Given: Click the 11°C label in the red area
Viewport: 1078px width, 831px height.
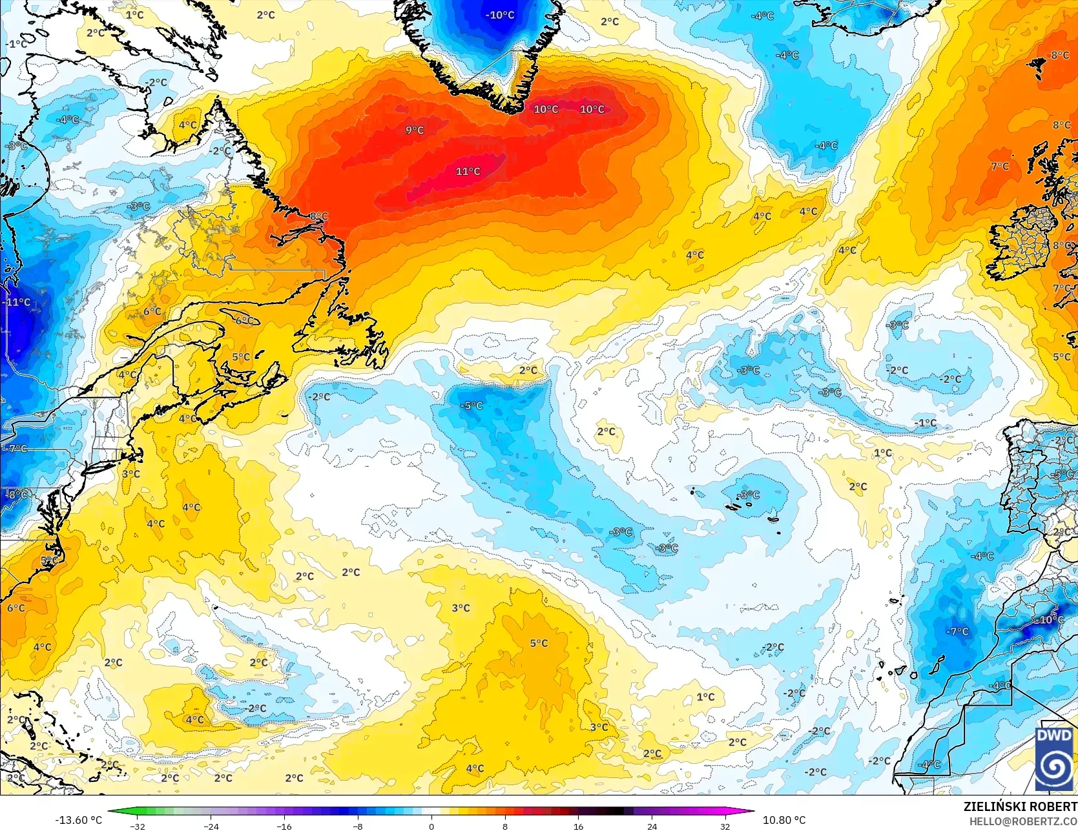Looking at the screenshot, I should (x=468, y=171).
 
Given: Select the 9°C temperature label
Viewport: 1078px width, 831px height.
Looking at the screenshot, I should (x=415, y=130).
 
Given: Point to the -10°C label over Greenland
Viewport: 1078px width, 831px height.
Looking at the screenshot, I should (x=500, y=15).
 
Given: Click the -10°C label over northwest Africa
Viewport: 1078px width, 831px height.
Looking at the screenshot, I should (x=1051, y=619).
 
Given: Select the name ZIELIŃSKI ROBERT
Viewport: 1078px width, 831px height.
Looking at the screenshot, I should (x=1020, y=806).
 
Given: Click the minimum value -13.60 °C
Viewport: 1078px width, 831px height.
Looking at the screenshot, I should (x=78, y=820).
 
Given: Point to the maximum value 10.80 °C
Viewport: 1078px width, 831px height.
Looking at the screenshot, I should (x=784, y=820).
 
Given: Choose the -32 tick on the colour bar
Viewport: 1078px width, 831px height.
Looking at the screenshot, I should (x=138, y=826).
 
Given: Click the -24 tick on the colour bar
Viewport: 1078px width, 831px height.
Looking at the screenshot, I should (x=211, y=826).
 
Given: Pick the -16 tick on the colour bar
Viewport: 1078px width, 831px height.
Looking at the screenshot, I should (x=285, y=826).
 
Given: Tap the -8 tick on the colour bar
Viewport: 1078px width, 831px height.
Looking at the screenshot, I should (x=358, y=826).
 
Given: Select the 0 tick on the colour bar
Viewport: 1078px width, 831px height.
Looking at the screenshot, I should (x=431, y=826).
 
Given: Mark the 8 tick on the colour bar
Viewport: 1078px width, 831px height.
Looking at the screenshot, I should (x=505, y=826).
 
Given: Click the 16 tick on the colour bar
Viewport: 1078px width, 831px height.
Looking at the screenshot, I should (x=578, y=826).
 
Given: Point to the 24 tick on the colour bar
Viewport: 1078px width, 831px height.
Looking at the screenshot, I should (x=652, y=826).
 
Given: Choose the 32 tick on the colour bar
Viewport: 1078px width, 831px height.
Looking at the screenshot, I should (x=725, y=826).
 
